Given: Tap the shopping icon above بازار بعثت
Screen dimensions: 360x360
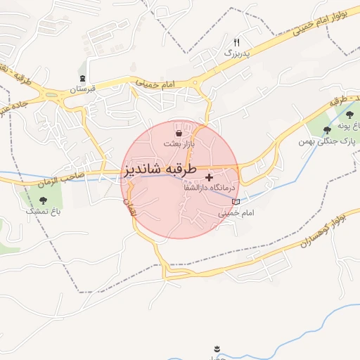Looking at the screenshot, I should click(179, 133).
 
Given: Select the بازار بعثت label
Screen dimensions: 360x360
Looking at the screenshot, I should click(179, 143).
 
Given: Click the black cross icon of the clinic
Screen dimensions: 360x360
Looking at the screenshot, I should click(209, 177).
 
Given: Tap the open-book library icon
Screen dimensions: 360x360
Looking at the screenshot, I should click(236, 202).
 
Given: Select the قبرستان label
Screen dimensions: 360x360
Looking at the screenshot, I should click(82, 89).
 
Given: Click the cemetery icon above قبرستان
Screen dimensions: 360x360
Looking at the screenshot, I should click(84, 78).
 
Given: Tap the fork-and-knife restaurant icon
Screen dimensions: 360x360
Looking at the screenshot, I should click(236, 43).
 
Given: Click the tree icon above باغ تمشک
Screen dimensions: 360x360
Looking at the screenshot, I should click(44, 200).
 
